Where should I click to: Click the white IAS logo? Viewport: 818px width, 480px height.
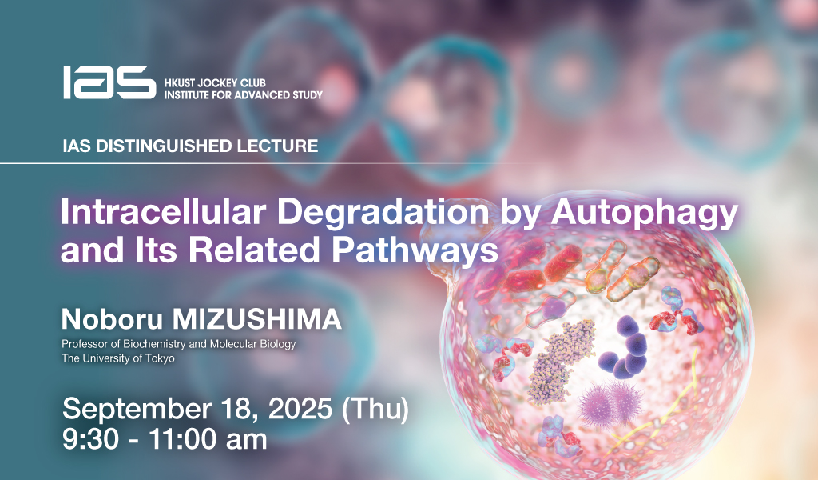click(x=109, y=82)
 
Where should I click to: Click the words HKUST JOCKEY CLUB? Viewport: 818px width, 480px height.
click(x=215, y=82)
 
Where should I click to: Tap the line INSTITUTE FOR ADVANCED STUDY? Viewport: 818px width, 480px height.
click(x=243, y=95)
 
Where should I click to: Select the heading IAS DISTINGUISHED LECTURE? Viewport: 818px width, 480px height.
click(x=190, y=146)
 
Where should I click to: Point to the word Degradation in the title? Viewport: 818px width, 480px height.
click(x=383, y=212)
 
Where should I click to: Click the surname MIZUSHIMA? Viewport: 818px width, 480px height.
click(x=256, y=319)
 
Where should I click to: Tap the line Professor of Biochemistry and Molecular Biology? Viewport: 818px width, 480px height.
click(x=178, y=344)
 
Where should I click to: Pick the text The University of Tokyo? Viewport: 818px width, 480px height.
click(x=118, y=358)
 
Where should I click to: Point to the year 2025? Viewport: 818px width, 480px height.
click(x=300, y=409)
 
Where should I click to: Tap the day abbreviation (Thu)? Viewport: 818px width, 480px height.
click(x=375, y=410)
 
